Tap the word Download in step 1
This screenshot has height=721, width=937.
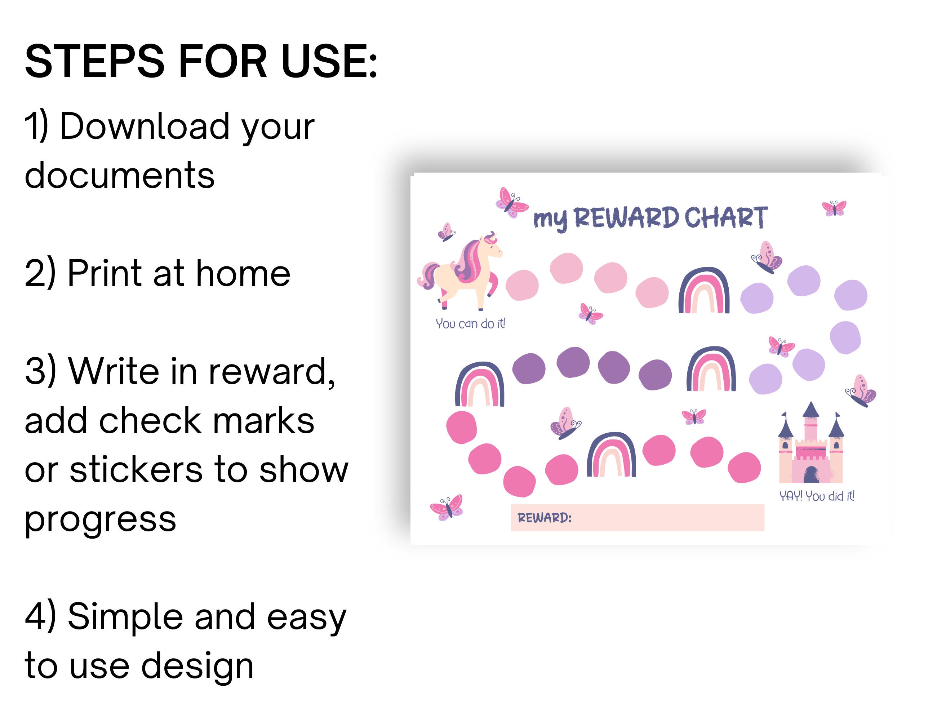145,127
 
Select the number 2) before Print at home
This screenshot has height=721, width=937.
40,273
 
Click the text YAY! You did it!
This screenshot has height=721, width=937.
816,496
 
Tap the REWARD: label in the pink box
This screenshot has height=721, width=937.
544,518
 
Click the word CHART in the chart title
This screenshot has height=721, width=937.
725,218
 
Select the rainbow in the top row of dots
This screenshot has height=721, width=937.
703,291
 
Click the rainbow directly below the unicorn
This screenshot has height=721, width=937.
479,385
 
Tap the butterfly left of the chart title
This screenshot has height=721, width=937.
511,203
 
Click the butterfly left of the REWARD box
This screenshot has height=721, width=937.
447,507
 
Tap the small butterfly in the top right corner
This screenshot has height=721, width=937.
834,208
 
